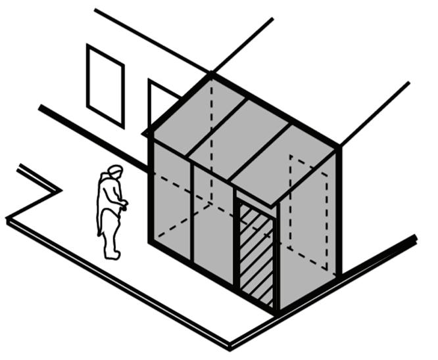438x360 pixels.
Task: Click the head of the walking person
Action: [115, 171]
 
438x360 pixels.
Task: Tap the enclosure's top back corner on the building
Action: [212, 75]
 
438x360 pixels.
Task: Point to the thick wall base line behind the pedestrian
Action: [85, 131]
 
